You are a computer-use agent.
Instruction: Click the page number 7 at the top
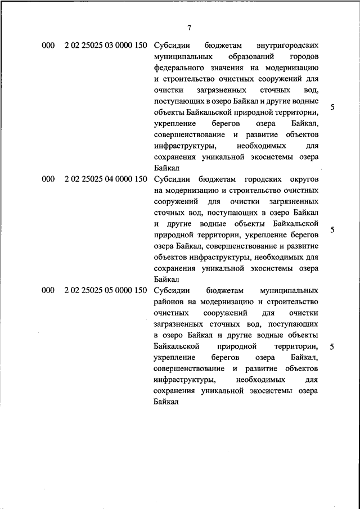coord(190,28)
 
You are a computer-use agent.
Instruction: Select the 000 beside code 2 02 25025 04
coord(48,179)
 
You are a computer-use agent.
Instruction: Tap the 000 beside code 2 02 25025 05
coord(48,291)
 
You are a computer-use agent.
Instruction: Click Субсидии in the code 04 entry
coord(172,179)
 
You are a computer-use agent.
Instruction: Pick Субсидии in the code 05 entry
coord(172,291)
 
